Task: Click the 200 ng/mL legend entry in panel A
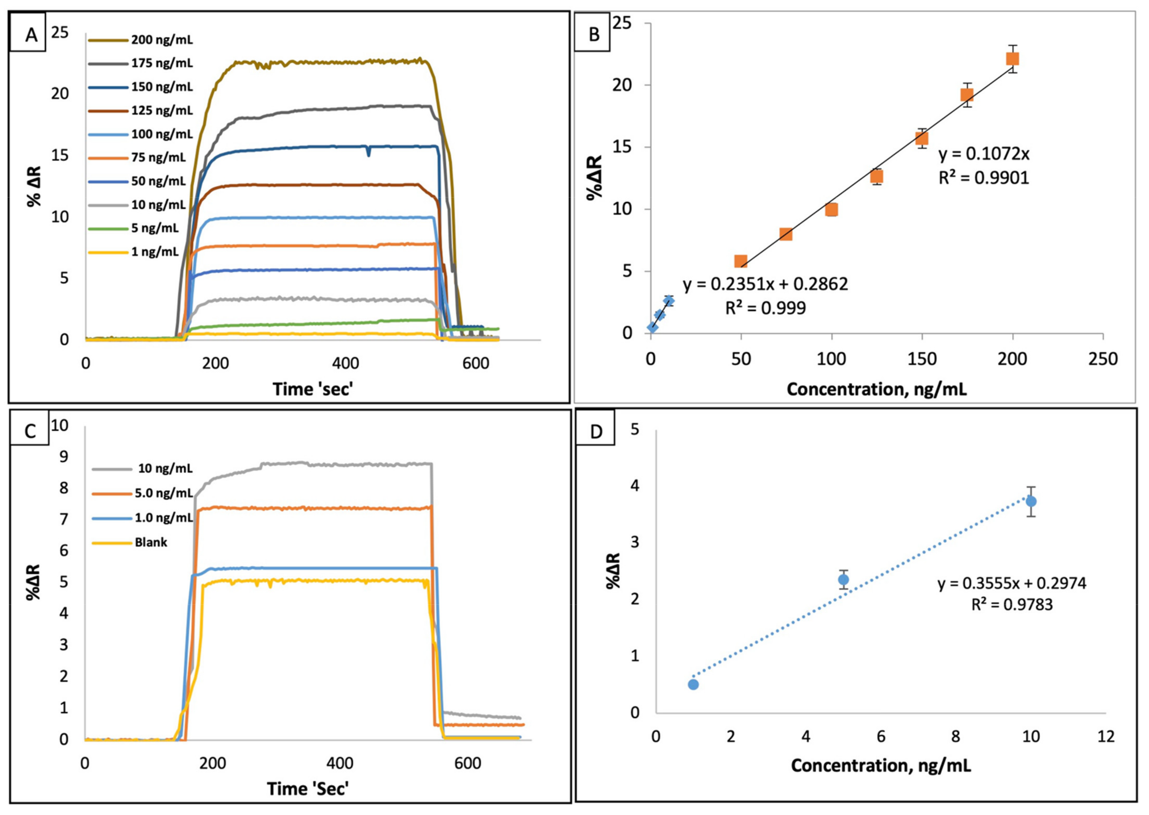coord(140,40)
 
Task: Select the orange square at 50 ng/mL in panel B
coord(741,261)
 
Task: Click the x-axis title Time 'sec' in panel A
coord(314,388)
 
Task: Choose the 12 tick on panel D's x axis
coord(1105,736)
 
